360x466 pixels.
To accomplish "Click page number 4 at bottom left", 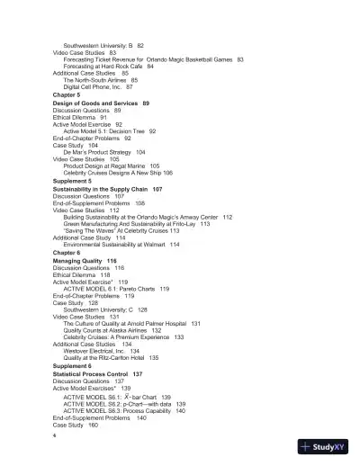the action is click(x=55, y=435).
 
